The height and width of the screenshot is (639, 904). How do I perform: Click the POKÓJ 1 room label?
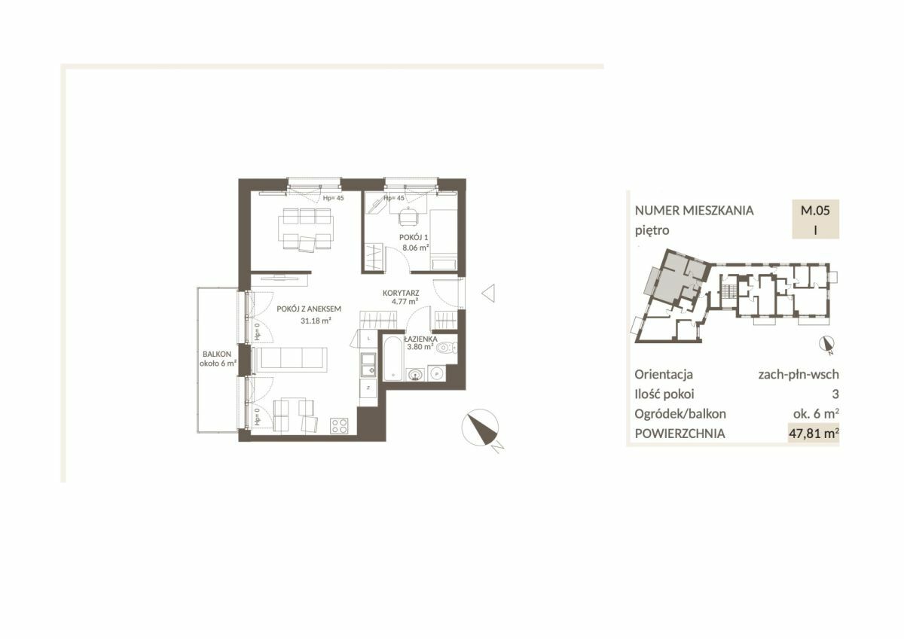click(x=414, y=237)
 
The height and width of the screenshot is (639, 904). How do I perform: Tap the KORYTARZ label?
click(x=401, y=293)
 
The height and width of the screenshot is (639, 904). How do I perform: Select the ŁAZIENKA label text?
click(x=420, y=339)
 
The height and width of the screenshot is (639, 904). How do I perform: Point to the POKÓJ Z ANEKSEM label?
click(x=309, y=309)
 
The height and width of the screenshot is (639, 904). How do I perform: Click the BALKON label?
click(x=217, y=354)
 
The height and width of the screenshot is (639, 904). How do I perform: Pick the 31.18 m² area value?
click(x=316, y=321)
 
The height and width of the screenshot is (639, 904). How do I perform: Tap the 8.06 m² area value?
click(x=415, y=248)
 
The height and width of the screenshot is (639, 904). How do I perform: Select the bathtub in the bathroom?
click(x=392, y=358)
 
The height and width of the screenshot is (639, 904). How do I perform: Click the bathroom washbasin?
click(x=415, y=375)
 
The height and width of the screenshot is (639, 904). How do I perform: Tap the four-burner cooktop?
click(x=339, y=426)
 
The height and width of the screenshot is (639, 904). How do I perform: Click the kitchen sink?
click(x=368, y=364)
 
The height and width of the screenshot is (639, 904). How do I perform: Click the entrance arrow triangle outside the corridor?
click(x=489, y=293)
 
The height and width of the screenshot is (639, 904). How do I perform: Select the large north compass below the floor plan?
click(x=481, y=428)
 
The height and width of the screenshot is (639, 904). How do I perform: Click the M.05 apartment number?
click(x=815, y=210)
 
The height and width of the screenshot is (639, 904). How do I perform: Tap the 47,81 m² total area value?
click(x=814, y=434)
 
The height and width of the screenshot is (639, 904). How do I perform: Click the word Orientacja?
click(x=664, y=375)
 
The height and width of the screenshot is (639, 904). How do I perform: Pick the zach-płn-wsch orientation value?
click(x=799, y=375)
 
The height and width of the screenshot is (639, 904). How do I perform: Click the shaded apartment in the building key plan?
click(x=677, y=278)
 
